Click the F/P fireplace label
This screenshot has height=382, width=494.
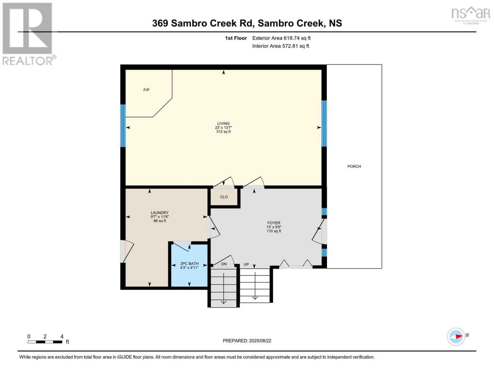[146, 90]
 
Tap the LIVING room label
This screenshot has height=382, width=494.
[223, 124]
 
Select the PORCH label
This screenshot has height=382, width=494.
[354, 166]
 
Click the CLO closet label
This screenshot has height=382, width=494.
[224, 197]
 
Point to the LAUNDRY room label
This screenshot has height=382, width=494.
[159, 213]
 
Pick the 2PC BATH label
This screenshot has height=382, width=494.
[189, 264]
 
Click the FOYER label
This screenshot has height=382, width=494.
[274, 223]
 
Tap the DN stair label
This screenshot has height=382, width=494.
[224, 264]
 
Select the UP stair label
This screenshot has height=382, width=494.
[246, 264]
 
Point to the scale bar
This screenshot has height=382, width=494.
[45, 342]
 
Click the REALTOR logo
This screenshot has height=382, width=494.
[28, 34]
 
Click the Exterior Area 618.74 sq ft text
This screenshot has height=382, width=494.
[281, 38]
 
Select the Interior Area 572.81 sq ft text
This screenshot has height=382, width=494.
[281, 46]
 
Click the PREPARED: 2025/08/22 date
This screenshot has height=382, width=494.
[247, 341]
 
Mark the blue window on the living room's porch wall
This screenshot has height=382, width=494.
[324, 124]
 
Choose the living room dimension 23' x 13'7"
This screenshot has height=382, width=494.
[223, 128]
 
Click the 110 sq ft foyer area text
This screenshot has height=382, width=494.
[274, 231]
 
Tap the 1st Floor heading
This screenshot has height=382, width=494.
[236, 38]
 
